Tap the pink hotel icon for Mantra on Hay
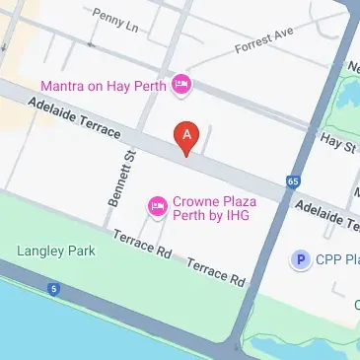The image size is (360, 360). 180,85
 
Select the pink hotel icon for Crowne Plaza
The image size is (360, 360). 156,206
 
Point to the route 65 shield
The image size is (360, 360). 293,181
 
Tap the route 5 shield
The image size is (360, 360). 53,290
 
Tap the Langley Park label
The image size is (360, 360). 56,252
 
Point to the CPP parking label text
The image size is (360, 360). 337,259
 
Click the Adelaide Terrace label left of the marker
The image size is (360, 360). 75,117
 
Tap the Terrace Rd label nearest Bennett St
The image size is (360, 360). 143,245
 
